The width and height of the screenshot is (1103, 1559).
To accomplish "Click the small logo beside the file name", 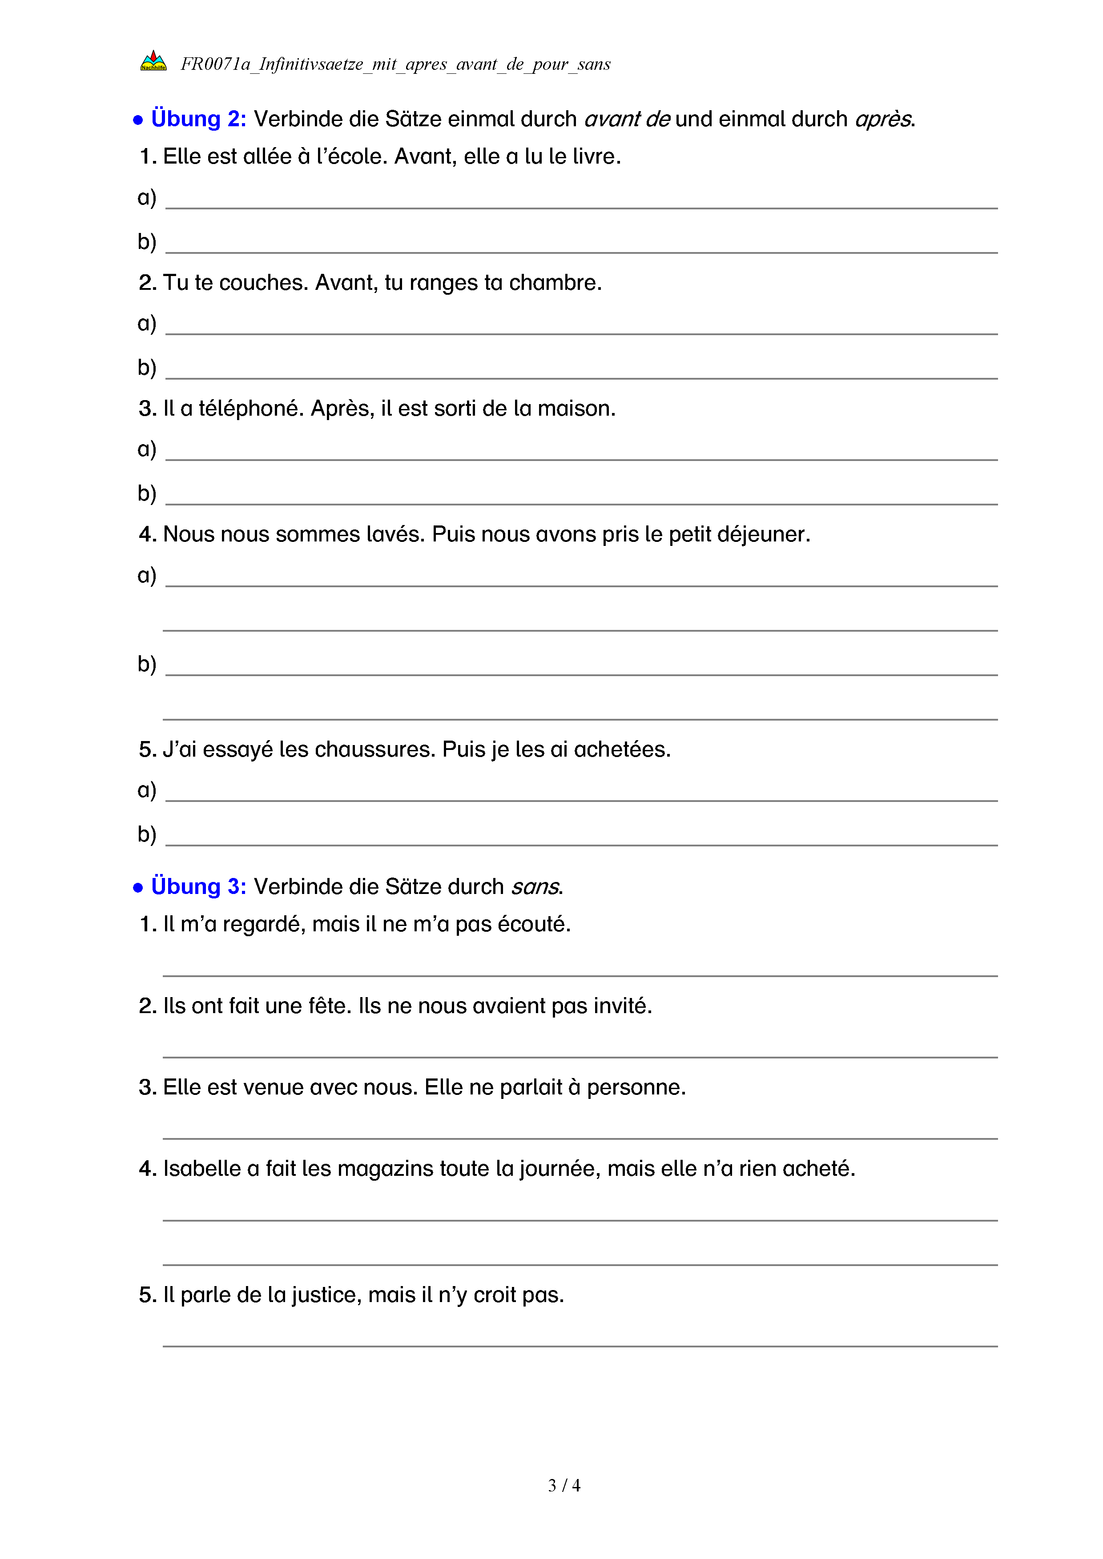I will coord(153,61).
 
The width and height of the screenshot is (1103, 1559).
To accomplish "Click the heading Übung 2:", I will coord(198,119).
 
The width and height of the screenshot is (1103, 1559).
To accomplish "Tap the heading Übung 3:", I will coord(198,887).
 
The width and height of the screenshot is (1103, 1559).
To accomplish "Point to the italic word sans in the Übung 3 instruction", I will coord(535,887).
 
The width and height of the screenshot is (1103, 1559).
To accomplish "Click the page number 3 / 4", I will coord(564,1486).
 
